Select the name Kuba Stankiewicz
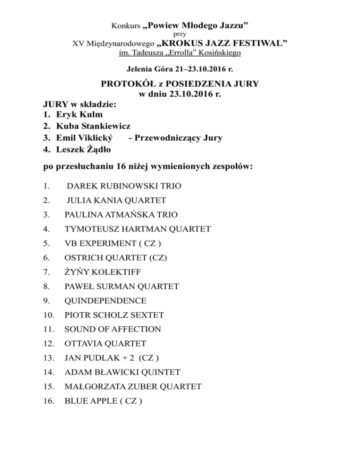pos(93,127)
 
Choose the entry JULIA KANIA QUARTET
pos(116,201)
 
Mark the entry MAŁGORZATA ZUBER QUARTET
pos(133,386)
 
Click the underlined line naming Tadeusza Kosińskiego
pos(180,53)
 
